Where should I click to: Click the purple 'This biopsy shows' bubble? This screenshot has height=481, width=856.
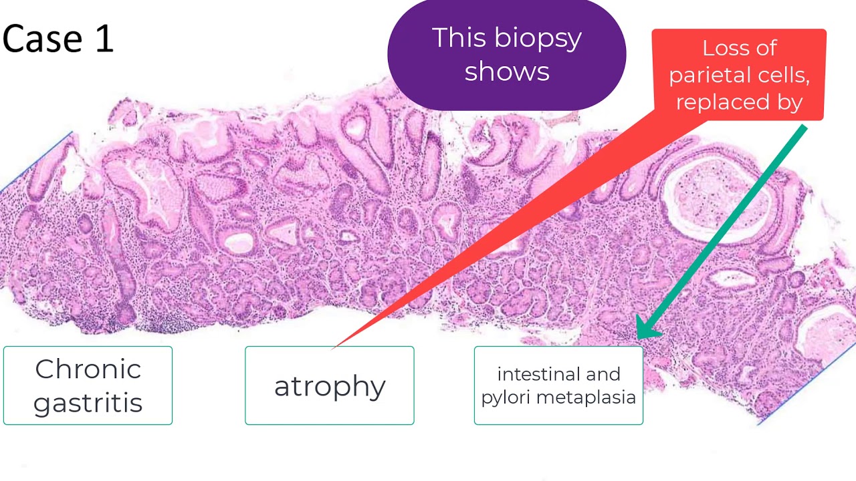pyautogui.click(x=506, y=55)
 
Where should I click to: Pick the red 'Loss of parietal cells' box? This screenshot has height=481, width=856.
pyautogui.click(x=739, y=74)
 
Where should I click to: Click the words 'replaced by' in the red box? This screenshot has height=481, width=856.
pyautogui.click(x=739, y=102)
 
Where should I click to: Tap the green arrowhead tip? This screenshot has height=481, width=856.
pyautogui.click(x=638, y=337)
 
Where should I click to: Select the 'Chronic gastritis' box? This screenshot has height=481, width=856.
pyautogui.click(x=88, y=385)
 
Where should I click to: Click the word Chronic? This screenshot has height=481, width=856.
pyautogui.click(x=88, y=369)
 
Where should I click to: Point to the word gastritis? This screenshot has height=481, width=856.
pyautogui.click(x=88, y=403)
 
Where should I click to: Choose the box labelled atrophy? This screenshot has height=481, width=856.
pyautogui.click(x=330, y=385)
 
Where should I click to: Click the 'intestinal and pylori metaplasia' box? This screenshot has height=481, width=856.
pyautogui.click(x=558, y=385)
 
